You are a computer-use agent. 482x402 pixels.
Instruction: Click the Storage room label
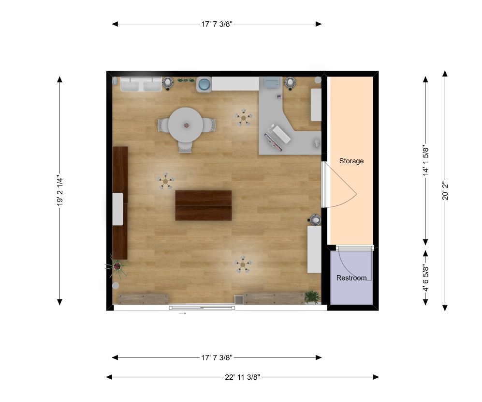(x=351, y=161)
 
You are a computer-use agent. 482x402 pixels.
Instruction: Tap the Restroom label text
(x=351, y=278)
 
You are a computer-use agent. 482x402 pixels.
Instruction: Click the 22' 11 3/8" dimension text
(x=243, y=377)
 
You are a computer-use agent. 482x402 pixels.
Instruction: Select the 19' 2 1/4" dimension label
(x=59, y=191)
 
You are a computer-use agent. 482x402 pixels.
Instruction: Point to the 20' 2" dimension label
(x=445, y=191)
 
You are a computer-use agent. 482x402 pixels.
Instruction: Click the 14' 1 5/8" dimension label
(x=426, y=160)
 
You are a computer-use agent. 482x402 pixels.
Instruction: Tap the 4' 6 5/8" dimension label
(x=426, y=278)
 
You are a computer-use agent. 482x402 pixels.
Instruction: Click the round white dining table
(x=185, y=125)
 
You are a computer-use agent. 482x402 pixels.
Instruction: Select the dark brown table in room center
(x=203, y=205)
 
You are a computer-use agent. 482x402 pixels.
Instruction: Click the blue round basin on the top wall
(x=204, y=84)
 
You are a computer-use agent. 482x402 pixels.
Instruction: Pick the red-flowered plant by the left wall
(x=117, y=266)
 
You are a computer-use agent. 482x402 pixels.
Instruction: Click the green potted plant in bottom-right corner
(x=312, y=296)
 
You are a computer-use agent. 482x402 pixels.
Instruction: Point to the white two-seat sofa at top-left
(x=141, y=84)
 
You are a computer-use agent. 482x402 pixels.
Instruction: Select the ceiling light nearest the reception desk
(x=244, y=118)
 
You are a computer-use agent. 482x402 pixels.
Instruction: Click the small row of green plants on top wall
(x=186, y=80)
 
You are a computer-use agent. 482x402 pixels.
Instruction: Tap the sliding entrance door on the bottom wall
(x=202, y=307)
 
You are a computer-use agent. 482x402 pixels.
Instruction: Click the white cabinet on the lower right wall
(x=314, y=249)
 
